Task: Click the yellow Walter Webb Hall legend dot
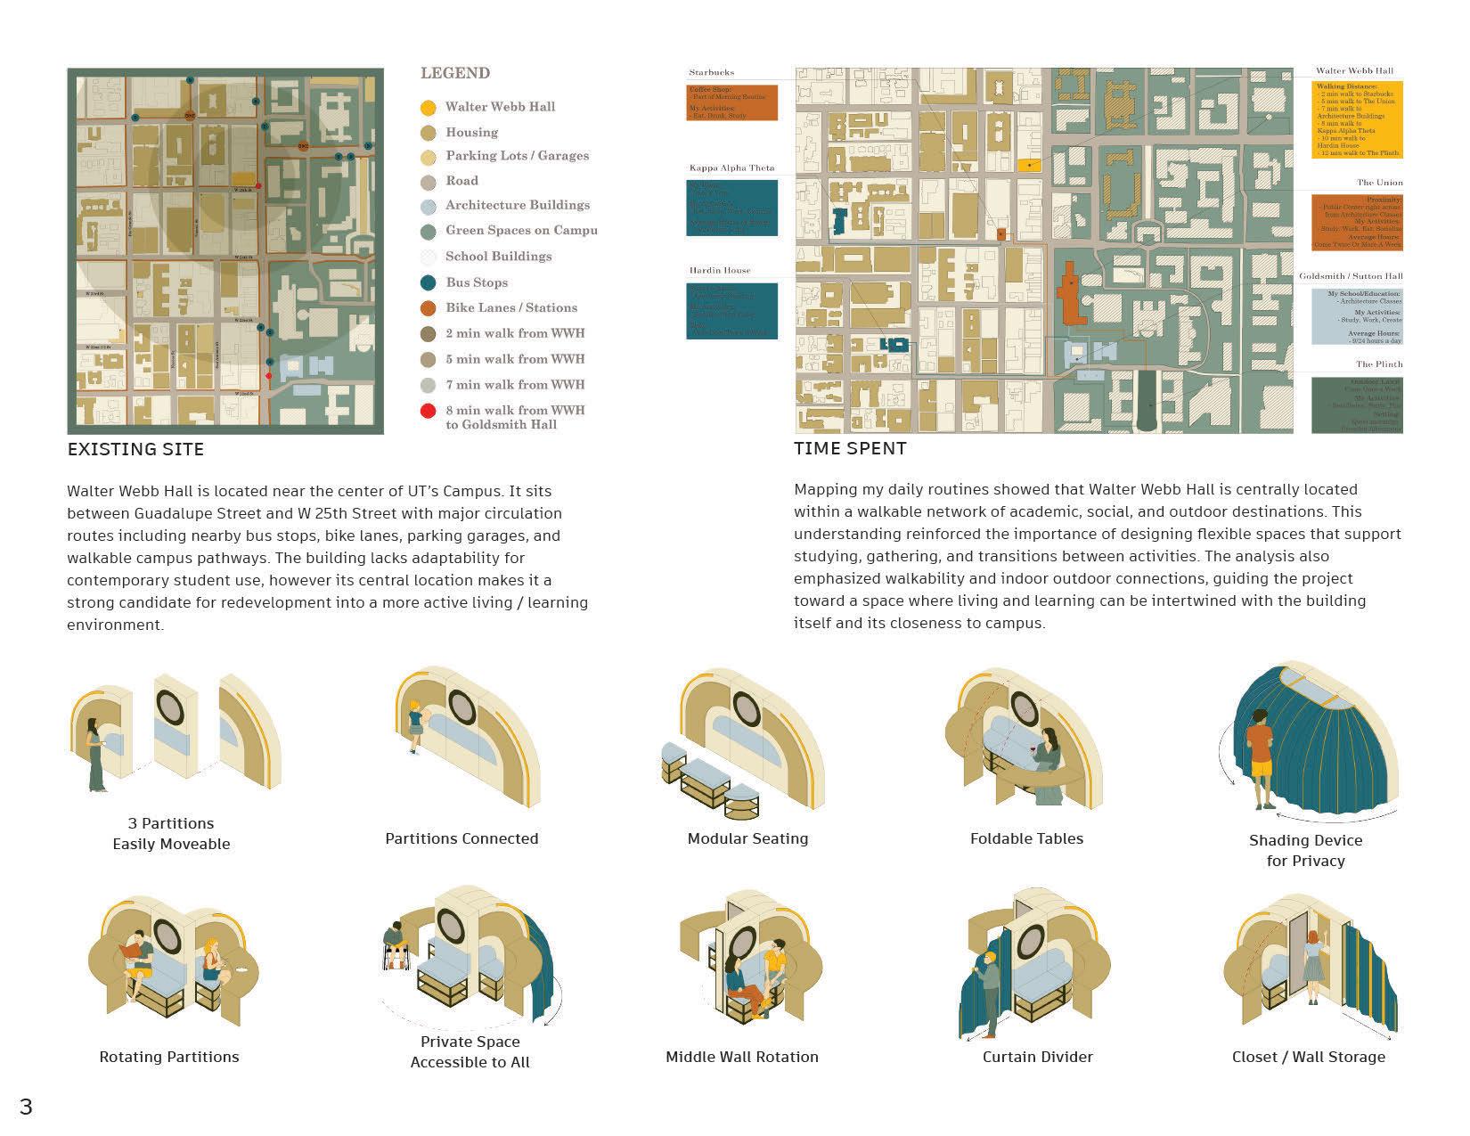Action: tap(429, 108)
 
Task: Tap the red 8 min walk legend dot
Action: tap(429, 411)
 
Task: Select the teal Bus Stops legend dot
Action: tap(429, 282)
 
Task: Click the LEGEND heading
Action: tap(455, 73)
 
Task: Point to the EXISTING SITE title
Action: tap(135, 450)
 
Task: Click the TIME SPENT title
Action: tap(850, 449)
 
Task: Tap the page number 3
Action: tap(26, 1107)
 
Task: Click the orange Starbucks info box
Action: tap(731, 102)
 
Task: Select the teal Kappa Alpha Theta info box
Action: tap(731, 208)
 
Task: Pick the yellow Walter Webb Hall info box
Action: tap(1358, 119)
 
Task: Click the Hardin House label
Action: tap(720, 270)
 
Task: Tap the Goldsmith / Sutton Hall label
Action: tap(1351, 276)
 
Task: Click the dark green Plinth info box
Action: tap(1357, 405)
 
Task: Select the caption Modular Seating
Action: tap(747, 838)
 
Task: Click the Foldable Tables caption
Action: tap(1026, 838)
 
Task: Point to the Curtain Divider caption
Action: tap(1037, 1057)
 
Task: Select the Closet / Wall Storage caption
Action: tap(1308, 1057)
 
